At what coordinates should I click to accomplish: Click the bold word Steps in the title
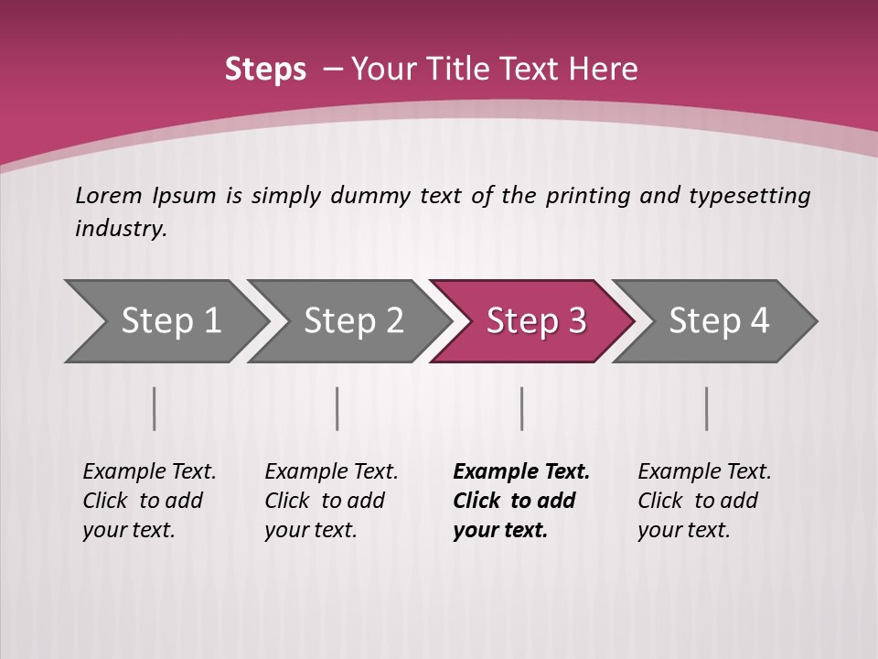coord(265,70)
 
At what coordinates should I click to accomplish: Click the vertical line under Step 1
coord(155,408)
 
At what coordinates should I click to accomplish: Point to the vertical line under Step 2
coord(337,408)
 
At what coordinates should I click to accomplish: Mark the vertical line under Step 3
coord(521,408)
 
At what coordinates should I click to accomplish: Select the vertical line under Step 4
coord(706,408)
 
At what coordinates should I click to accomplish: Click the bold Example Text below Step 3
coord(521,501)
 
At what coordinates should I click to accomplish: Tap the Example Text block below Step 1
coord(149,501)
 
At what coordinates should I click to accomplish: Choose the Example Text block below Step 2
coord(331,501)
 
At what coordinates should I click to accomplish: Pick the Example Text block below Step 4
coord(704,501)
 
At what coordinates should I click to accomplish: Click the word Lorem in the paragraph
coord(109,195)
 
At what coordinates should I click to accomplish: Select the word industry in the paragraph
coord(120,228)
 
